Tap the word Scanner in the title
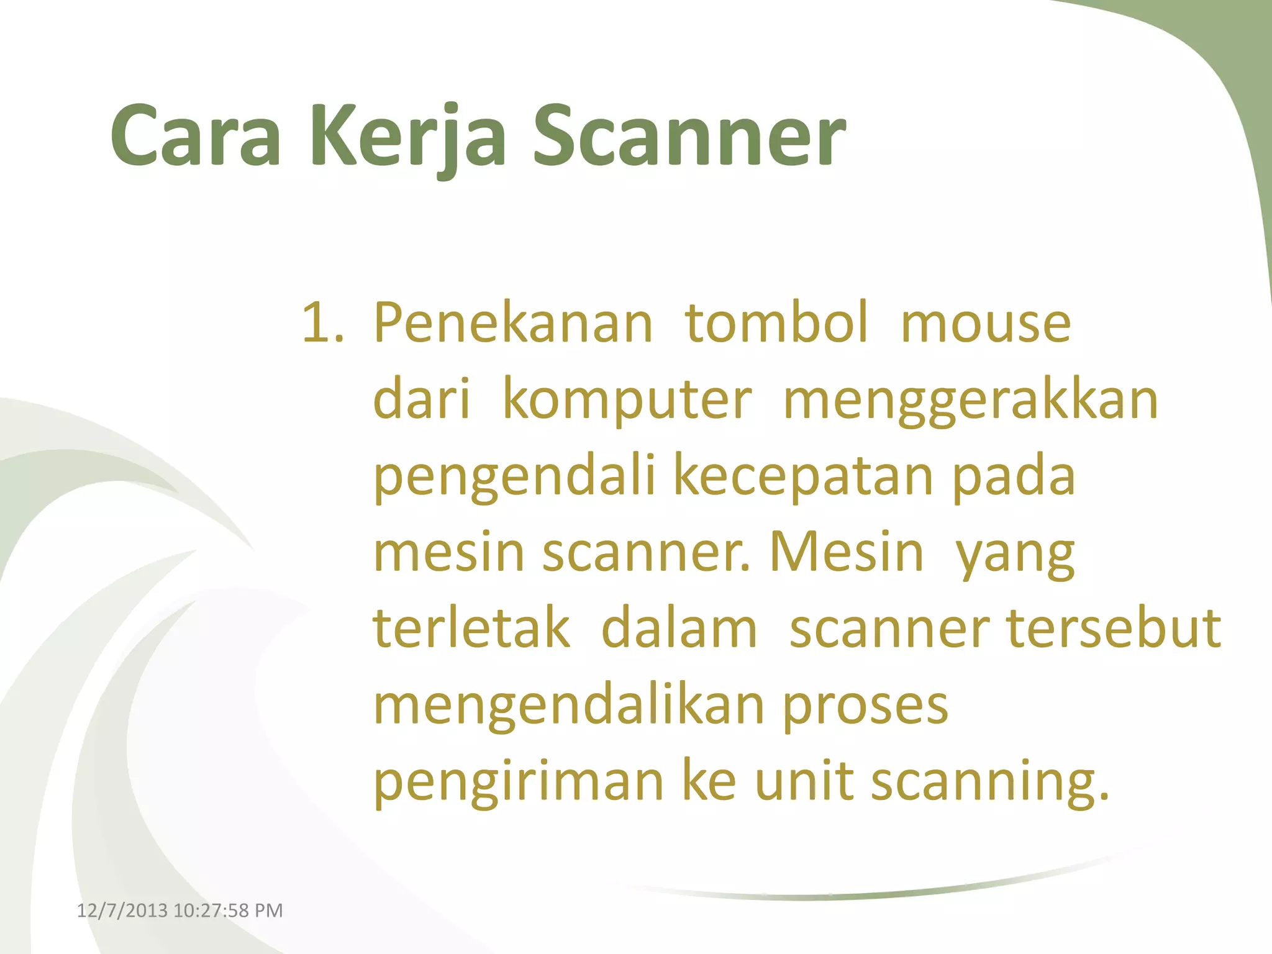coord(689,137)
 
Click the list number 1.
coord(321,323)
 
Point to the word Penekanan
coord(513,323)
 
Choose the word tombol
coord(776,323)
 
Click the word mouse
coord(986,323)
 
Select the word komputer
coord(627,401)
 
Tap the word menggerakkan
coord(971,401)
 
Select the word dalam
coord(679,629)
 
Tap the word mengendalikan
coord(568,706)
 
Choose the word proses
coord(865,706)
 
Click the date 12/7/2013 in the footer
coord(122,911)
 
